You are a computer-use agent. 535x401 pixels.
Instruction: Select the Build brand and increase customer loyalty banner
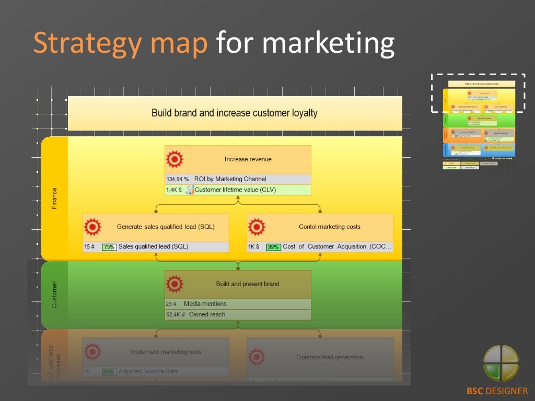[235, 113]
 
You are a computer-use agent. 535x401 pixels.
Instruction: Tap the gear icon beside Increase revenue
[174, 159]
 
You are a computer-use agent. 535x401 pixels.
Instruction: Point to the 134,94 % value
[177, 179]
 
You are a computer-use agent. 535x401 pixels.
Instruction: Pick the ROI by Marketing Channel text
[230, 179]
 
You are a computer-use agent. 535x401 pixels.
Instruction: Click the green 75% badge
[109, 247]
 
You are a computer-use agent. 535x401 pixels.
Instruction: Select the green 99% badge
[273, 247]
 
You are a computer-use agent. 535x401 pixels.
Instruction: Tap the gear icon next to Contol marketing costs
[256, 227]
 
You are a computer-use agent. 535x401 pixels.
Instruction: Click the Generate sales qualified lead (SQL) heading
[166, 227]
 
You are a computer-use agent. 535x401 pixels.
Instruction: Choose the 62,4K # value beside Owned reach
[176, 315]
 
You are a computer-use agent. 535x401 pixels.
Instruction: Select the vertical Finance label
[54, 198]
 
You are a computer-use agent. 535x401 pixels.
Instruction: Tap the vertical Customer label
[54, 295]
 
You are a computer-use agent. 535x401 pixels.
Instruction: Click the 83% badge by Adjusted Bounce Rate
[109, 372]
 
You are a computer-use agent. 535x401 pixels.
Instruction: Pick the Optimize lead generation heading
[330, 357]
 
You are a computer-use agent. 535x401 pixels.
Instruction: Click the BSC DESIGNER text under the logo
[497, 391]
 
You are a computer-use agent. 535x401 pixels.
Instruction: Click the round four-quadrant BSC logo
[501, 363]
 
